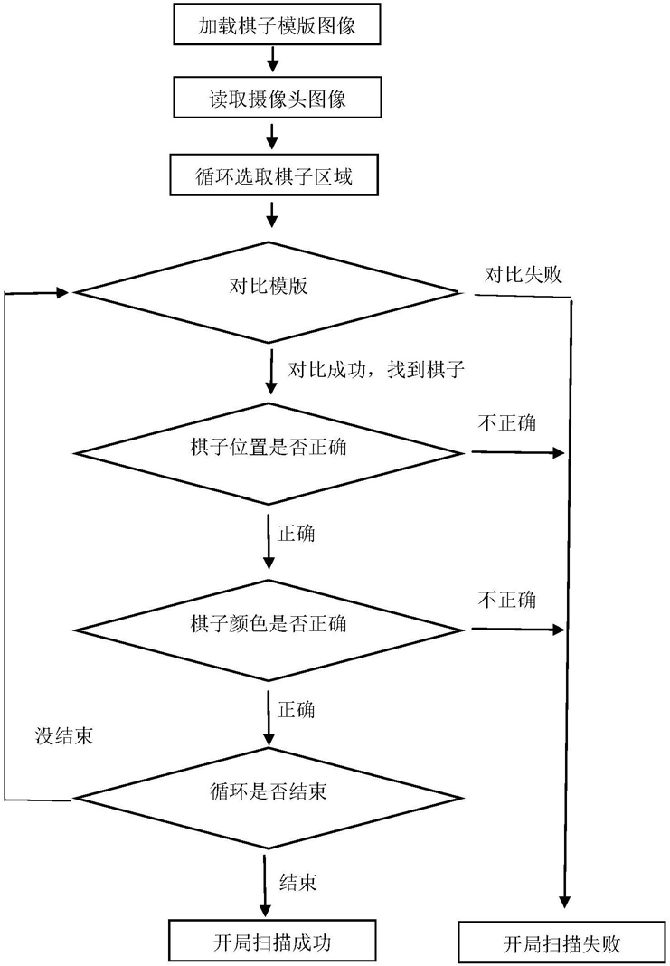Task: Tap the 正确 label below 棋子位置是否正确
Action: pos(297,533)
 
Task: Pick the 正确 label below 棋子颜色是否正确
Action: pos(297,710)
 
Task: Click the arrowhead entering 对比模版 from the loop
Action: pos(63,292)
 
